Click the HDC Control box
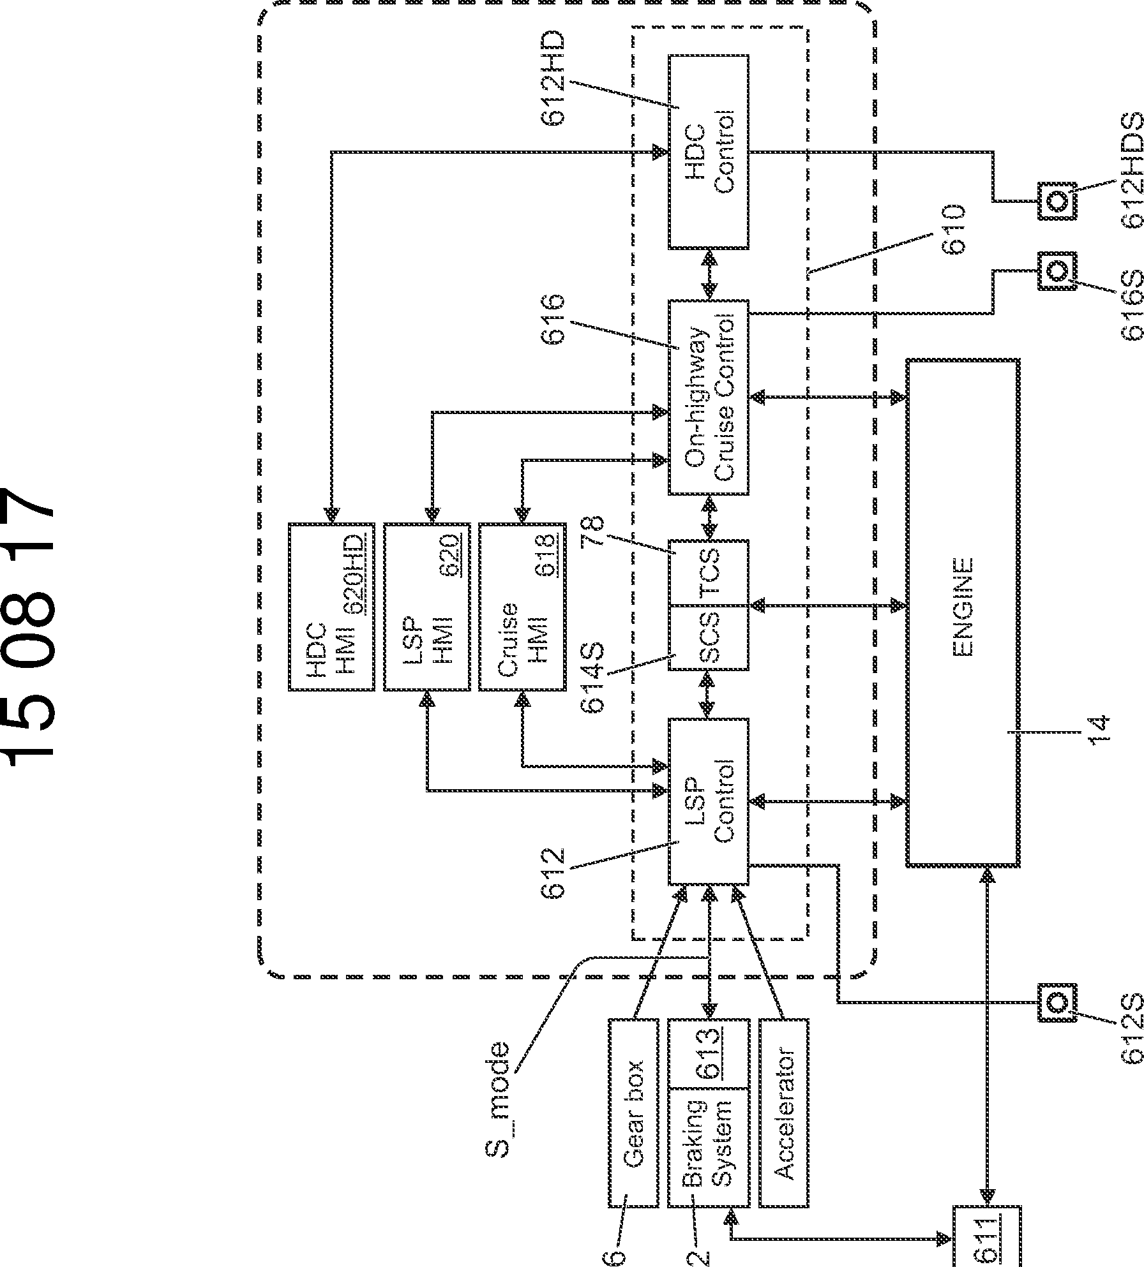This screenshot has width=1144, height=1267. (x=709, y=152)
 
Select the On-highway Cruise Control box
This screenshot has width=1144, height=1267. (x=709, y=397)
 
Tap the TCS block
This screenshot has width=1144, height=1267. (x=709, y=572)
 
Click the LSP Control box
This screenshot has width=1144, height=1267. (x=709, y=801)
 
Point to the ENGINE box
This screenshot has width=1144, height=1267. (x=963, y=612)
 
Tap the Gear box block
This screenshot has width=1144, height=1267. (x=633, y=1113)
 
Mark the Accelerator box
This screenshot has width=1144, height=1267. (x=784, y=1113)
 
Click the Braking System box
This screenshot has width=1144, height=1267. (x=709, y=1113)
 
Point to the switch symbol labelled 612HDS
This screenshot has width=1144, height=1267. (x=1057, y=183)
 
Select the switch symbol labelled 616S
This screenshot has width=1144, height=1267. (x=1057, y=271)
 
